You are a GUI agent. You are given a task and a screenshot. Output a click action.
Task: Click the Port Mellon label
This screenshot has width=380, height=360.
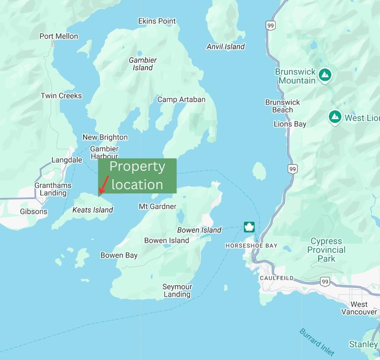[59, 36]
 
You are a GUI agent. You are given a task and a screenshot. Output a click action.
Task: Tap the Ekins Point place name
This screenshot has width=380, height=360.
[157, 21]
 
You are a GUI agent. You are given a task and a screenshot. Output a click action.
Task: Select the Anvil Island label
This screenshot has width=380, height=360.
[225, 47]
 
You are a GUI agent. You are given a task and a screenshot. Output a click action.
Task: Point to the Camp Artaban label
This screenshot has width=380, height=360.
[181, 99]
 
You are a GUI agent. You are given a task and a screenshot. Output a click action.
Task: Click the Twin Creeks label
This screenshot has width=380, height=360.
[61, 96]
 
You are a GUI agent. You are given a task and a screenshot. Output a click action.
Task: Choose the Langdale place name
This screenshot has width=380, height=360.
[67, 160]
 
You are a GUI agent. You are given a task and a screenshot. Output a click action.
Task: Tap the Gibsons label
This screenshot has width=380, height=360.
[34, 211]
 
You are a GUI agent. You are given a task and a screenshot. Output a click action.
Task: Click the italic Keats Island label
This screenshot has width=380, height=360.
[93, 210]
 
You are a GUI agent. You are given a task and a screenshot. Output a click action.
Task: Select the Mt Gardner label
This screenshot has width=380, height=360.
[157, 206]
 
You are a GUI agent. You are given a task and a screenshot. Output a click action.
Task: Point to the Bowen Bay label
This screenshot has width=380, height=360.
[119, 255]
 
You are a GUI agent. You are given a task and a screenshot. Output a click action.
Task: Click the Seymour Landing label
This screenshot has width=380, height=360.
[177, 290]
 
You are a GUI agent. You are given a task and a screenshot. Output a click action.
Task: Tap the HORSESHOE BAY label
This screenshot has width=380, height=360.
[251, 245]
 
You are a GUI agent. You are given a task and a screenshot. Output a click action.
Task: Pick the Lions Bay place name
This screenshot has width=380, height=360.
[290, 124]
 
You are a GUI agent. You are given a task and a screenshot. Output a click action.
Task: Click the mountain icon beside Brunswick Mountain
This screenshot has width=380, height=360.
[325, 76]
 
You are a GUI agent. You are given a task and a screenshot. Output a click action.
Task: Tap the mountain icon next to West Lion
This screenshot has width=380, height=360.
[335, 117]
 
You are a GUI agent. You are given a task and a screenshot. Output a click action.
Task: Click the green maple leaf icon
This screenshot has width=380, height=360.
[250, 227]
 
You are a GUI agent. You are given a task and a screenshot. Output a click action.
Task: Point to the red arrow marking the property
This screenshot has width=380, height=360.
[103, 186]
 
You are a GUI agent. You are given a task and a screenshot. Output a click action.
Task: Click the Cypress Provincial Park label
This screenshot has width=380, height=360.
[326, 250]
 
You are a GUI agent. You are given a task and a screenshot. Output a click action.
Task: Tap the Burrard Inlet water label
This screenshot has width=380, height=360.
[317, 342]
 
